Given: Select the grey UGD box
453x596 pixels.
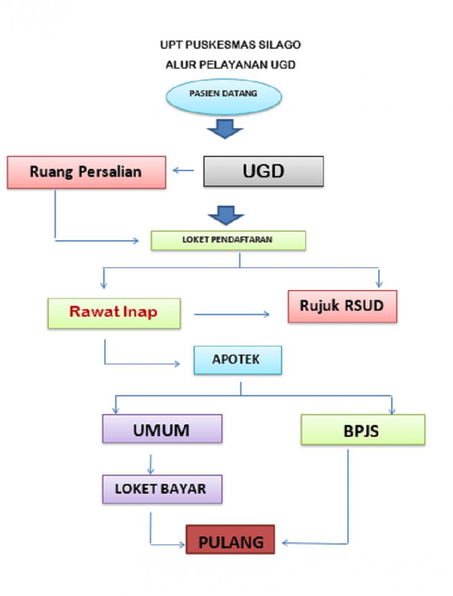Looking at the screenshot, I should (x=263, y=172).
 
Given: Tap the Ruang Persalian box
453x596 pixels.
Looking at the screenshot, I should (x=86, y=172).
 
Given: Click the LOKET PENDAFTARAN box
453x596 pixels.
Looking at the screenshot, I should (x=228, y=240).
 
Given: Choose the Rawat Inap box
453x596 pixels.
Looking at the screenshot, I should (x=114, y=313).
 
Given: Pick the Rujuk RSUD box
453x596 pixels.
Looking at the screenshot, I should (x=342, y=306).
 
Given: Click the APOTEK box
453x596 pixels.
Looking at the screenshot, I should (x=237, y=360).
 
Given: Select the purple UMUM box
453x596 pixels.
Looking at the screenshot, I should (x=162, y=429).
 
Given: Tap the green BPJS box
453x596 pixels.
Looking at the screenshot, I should (x=362, y=430).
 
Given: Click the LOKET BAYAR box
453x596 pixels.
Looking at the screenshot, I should (x=161, y=489).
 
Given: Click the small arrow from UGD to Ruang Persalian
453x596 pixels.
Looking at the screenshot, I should (x=183, y=171).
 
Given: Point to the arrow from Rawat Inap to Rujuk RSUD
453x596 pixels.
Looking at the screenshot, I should (x=232, y=313).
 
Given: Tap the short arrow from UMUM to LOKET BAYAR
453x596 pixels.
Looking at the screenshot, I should (x=151, y=465).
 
